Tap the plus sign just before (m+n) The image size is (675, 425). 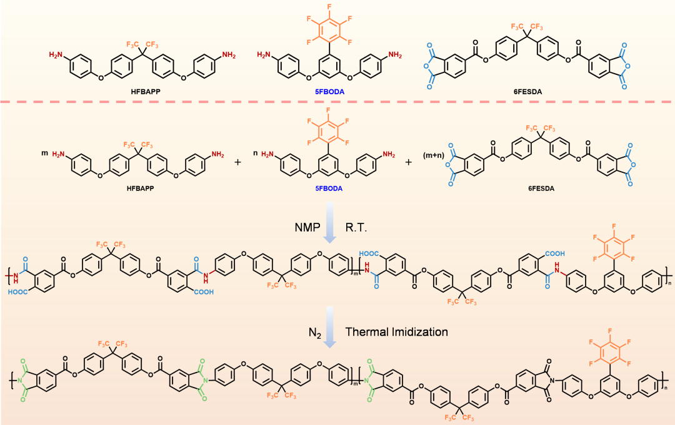point(409,162)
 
